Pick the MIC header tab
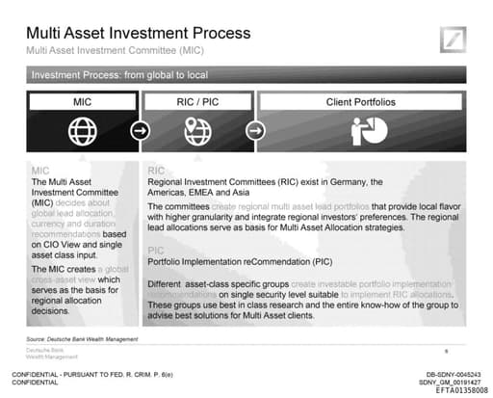click(83, 100)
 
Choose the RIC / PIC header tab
click(197, 100)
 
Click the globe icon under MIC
click(83, 130)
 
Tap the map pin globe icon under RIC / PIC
click(198, 130)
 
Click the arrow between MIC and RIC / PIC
click(141, 130)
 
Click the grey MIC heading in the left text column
click(41, 171)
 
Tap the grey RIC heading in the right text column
click(156, 171)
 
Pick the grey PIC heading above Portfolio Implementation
click(156, 249)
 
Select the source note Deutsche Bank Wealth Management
click(83, 340)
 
